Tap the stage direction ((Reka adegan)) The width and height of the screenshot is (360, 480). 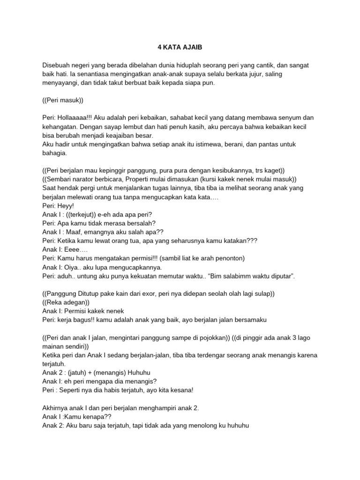[66, 302]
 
